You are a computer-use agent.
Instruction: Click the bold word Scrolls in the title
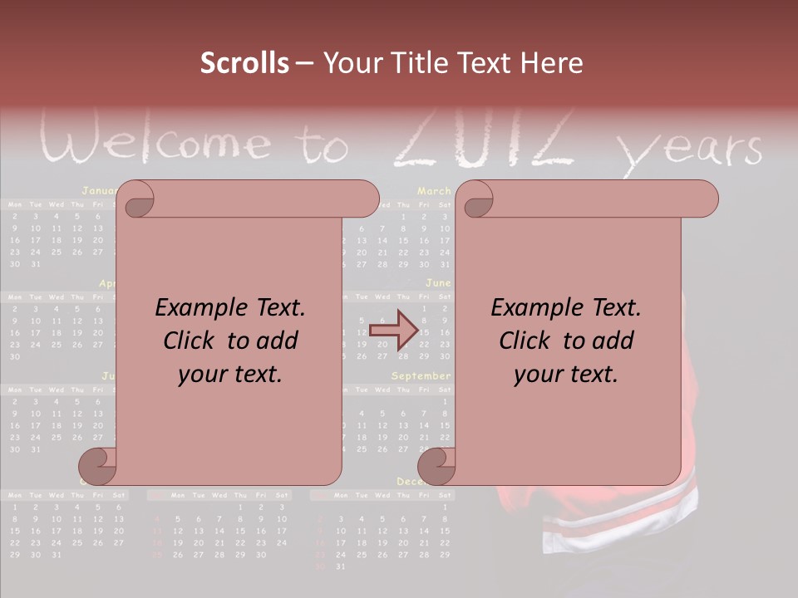(245, 63)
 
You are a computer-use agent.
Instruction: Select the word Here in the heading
(551, 63)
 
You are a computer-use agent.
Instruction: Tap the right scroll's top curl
(478, 201)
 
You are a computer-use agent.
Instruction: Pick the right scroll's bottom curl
(436, 466)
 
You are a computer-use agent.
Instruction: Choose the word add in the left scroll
(277, 341)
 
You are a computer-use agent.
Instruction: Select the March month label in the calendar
(434, 191)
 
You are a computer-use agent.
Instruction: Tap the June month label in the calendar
(438, 283)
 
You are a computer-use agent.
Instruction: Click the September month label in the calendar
(421, 375)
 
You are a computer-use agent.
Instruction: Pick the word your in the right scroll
(538, 374)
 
